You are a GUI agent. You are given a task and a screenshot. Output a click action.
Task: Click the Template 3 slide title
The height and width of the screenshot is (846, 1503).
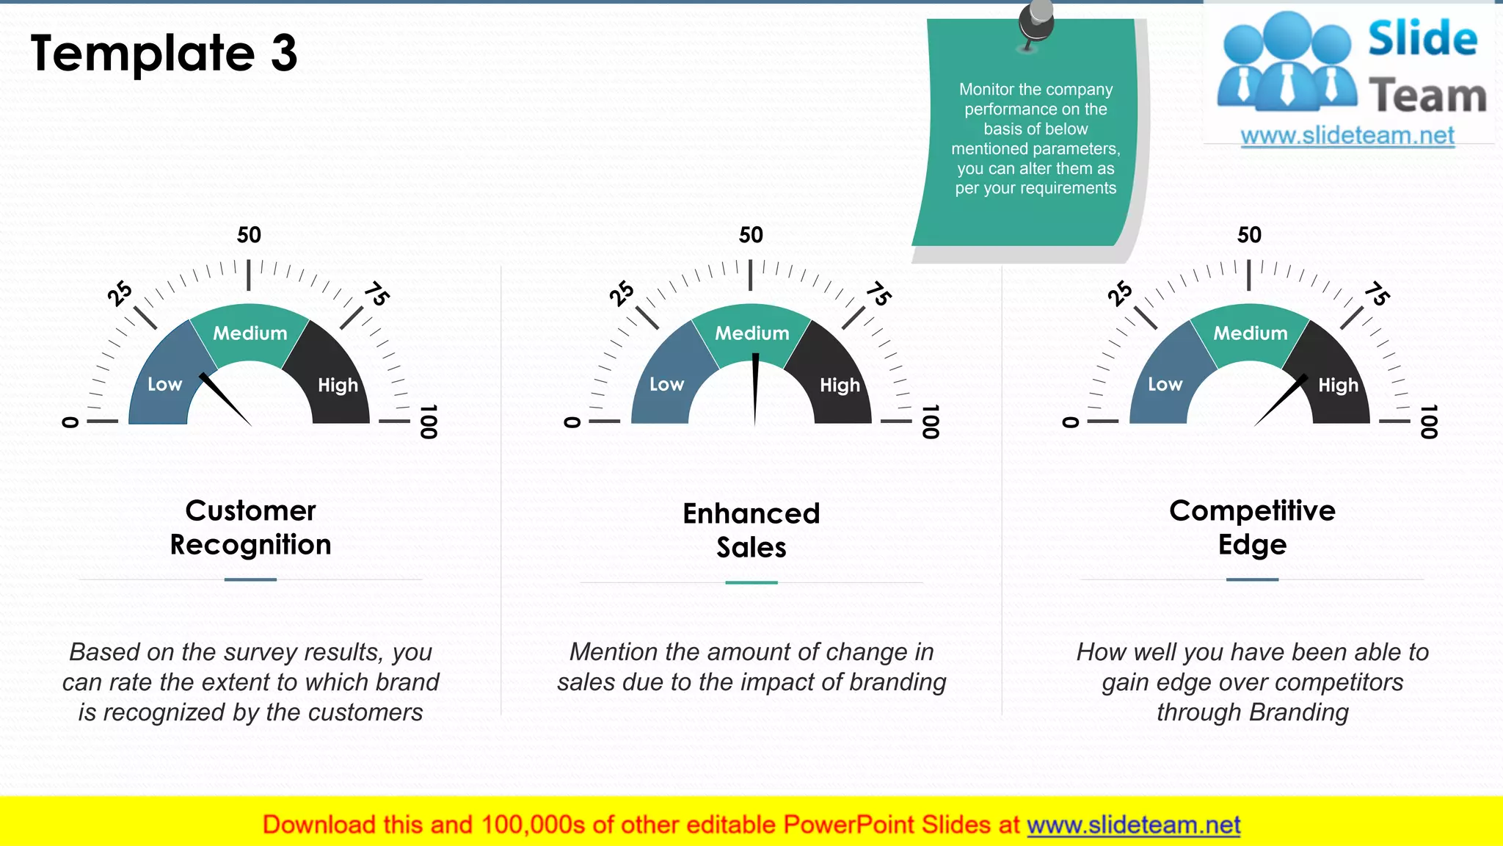(164, 53)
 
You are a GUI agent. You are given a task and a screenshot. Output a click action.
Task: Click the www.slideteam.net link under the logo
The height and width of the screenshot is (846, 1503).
(1347, 136)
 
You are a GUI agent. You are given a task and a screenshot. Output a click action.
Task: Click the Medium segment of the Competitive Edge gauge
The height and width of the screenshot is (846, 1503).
(1250, 333)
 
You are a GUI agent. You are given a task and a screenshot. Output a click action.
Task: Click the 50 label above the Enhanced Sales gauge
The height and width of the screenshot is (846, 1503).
(751, 235)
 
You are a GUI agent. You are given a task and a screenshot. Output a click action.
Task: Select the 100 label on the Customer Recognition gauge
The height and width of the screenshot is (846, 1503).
(429, 422)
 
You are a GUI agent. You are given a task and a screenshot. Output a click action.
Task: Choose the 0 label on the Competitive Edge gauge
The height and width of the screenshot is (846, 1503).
(1071, 422)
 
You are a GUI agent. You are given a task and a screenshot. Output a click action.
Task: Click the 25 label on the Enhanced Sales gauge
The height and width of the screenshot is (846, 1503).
(622, 293)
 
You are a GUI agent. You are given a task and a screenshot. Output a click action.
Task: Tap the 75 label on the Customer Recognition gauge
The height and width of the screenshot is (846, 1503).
(376, 294)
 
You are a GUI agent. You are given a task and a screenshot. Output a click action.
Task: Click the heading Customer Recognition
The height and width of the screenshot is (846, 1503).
(250, 527)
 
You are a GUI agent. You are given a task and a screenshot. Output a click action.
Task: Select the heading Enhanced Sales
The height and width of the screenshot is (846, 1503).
(751, 530)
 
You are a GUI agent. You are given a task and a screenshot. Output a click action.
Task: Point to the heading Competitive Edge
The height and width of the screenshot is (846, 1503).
(1252, 527)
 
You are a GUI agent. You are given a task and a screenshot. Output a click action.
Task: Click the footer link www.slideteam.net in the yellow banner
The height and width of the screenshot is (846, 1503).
(1133, 825)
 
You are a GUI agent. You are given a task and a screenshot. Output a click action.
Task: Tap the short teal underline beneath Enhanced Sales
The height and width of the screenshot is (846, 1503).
(751, 582)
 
